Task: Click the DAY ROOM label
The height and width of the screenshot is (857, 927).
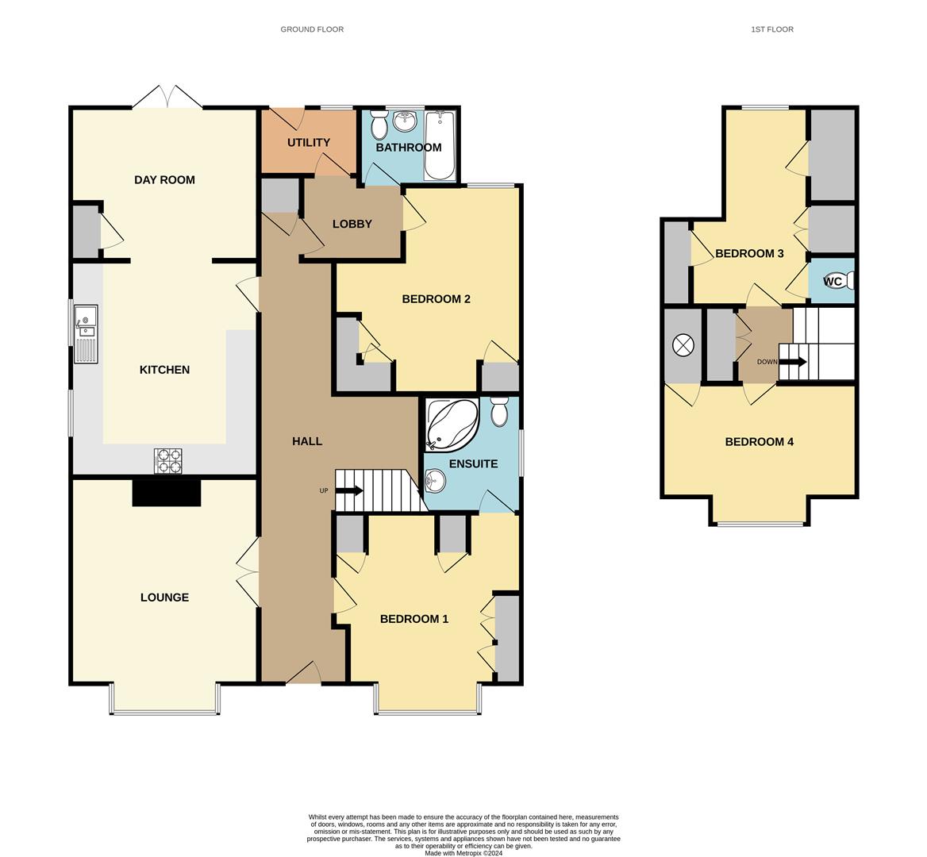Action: coord(164,180)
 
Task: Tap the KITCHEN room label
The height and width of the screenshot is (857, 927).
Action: coord(164,370)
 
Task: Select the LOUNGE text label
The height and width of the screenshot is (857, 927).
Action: coord(164,598)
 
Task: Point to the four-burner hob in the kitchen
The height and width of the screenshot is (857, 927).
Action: coord(167,461)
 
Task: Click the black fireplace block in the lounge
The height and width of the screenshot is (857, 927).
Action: coord(166,493)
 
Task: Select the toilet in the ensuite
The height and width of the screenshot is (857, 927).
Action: coord(499,412)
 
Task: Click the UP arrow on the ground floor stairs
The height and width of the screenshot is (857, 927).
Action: coord(348,490)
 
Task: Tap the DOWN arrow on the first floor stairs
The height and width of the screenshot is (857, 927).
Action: coord(793,362)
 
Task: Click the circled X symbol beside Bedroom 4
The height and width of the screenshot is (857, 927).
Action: coord(683,345)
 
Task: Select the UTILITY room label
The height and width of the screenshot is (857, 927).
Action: coord(308,143)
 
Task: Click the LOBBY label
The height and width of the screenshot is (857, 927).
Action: coord(352,225)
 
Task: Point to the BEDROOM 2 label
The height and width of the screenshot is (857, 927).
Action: coord(436,299)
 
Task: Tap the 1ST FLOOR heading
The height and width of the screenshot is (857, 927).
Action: coord(771,29)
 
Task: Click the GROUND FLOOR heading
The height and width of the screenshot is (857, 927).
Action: coord(312,29)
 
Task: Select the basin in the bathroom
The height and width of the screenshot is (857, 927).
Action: coord(406,121)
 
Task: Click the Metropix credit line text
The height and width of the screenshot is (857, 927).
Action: coord(463,854)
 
